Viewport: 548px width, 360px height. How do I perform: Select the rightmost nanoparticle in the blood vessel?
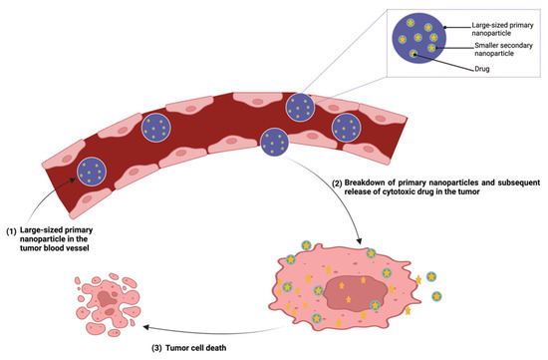coord(347,127)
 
